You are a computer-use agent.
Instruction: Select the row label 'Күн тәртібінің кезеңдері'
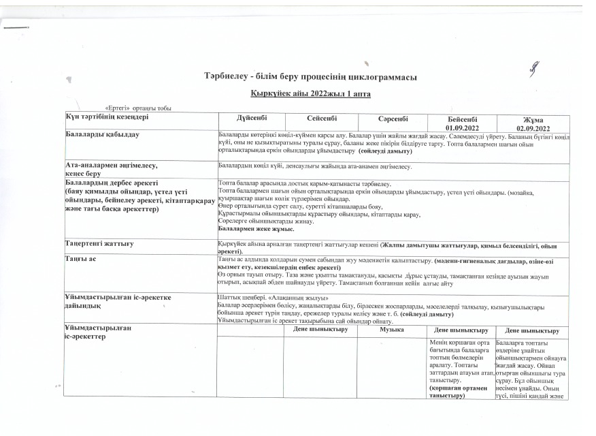pyautogui.click(x=107, y=117)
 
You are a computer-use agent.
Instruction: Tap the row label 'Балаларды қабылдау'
pyautogui.click(x=102, y=134)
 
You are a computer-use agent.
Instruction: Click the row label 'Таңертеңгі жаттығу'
pyautogui.click(x=99, y=243)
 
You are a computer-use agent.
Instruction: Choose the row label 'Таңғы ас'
pyautogui.click(x=80, y=260)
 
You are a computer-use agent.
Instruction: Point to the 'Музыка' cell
pyautogui.click(x=393, y=330)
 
